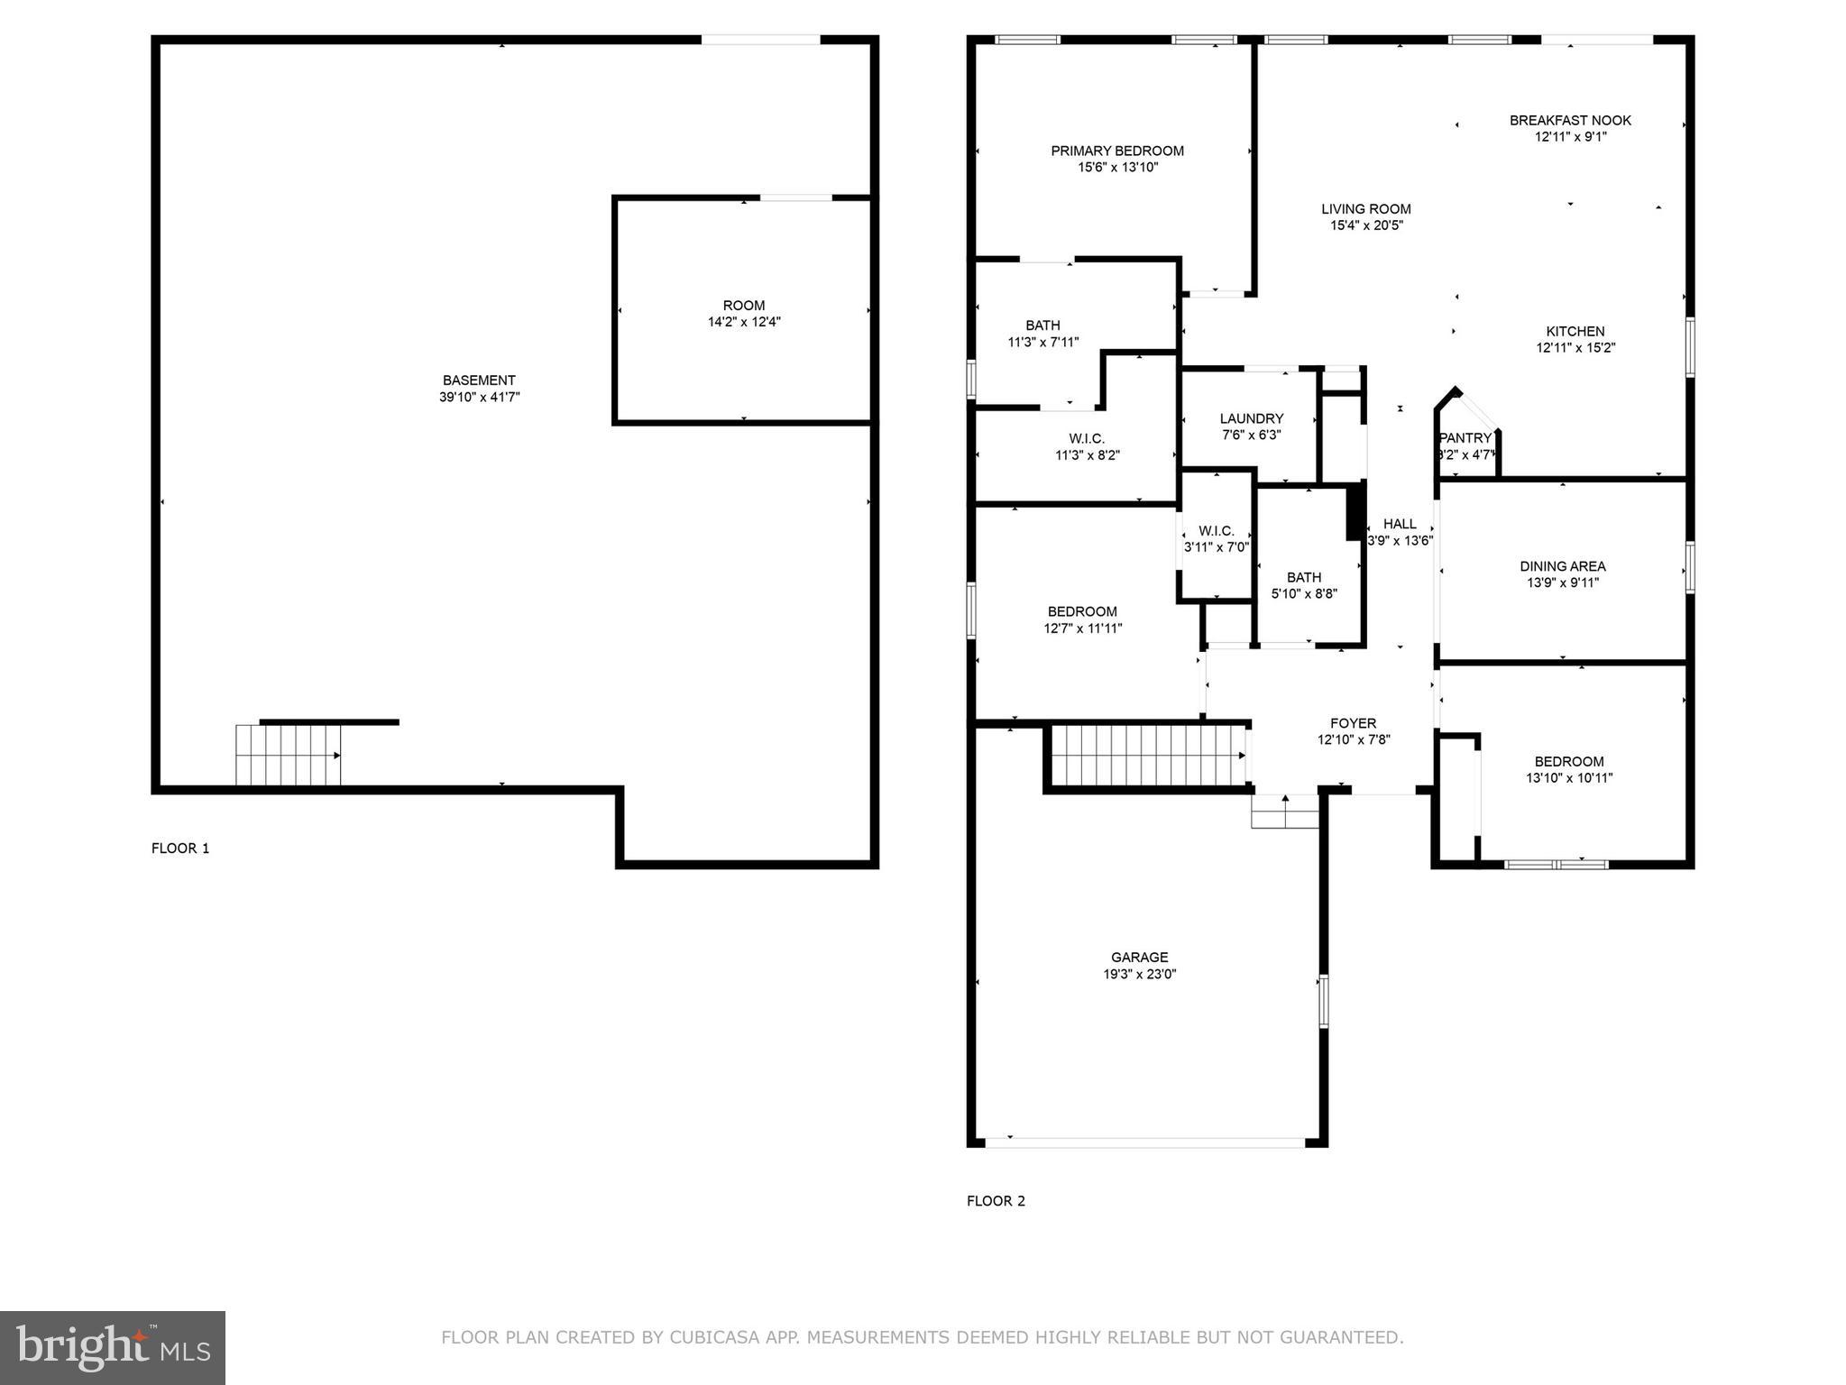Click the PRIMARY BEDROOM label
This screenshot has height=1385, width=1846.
click(1116, 151)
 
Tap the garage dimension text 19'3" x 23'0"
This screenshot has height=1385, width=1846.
click(1139, 974)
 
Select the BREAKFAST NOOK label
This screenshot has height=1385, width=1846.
click(1570, 120)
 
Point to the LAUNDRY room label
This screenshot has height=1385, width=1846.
click(1251, 418)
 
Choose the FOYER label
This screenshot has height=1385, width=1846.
click(1353, 723)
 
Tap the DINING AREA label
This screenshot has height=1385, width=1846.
click(1562, 566)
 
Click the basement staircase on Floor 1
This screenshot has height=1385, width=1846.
click(288, 755)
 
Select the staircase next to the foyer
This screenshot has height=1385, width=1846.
click(1148, 756)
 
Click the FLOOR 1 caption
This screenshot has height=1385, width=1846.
click(180, 848)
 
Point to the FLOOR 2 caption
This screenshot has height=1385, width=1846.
click(996, 1200)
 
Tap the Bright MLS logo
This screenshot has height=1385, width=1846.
click(113, 1347)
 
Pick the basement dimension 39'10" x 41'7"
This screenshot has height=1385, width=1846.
click(479, 397)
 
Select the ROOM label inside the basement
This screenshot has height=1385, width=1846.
click(743, 306)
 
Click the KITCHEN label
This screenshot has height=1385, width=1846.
click(1575, 331)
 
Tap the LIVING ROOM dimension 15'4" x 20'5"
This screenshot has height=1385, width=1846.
click(1366, 225)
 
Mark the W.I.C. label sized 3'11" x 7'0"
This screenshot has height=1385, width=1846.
click(1216, 531)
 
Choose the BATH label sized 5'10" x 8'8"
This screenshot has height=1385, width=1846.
click(1303, 577)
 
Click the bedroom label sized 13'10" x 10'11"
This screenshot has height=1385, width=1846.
click(1568, 761)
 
